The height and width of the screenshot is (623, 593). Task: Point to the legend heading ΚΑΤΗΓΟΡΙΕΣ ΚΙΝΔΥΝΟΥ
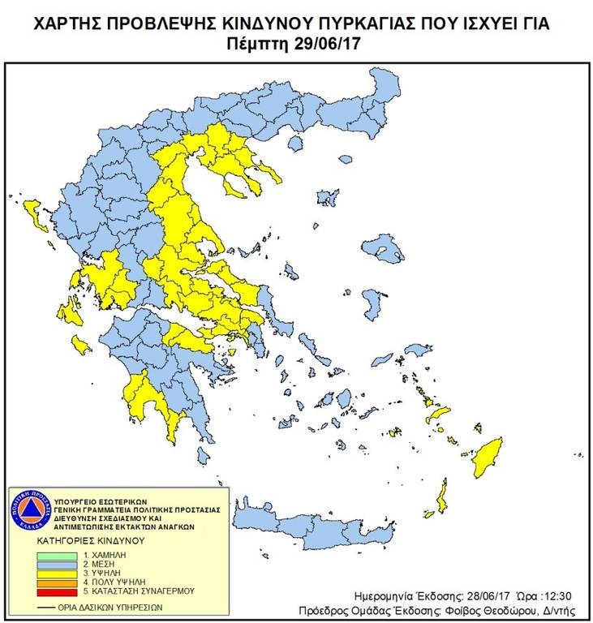pos(90,539)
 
